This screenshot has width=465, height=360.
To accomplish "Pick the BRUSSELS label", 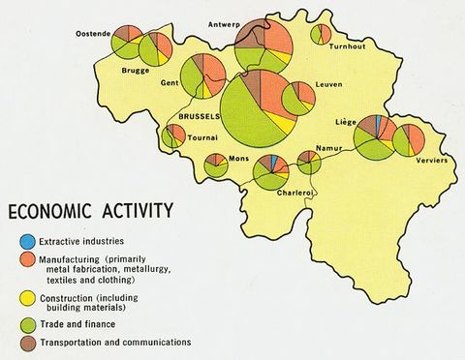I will (200, 115).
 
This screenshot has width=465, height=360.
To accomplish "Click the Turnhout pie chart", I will (321, 34).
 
